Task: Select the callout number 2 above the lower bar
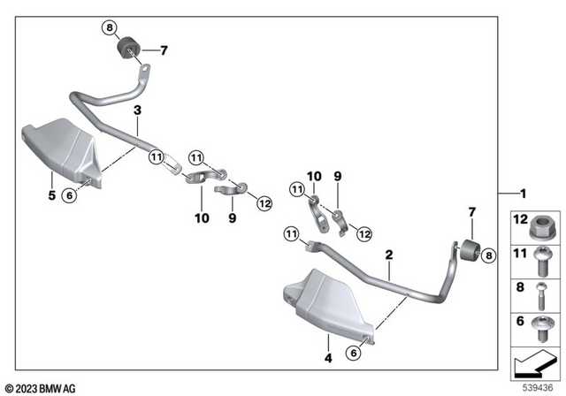[x=388, y=254]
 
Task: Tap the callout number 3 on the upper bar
[x=137, y=110]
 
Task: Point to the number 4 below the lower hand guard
[x=326, y=358]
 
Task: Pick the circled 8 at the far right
[x=489, y=255]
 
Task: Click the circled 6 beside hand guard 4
[x=354, y=352]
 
